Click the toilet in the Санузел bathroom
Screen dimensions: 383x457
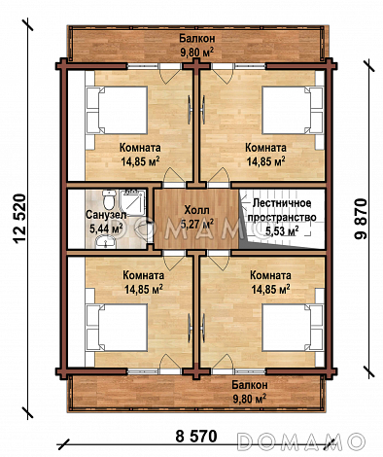[109, 199]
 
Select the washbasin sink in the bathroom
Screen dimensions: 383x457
[105, 241]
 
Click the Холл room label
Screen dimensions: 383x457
[196, 210]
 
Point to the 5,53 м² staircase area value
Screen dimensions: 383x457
[282, 230]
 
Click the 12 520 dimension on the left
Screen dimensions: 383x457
[19, 218]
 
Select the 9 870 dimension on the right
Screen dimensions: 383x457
[361, 219]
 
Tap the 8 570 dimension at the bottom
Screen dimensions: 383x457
[196, 436]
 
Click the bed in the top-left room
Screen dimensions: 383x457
[117, 110]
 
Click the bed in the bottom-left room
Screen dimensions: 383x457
[117, 327]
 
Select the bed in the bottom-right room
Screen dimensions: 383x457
[293, 327]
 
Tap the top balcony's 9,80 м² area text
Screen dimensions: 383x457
[196, 52]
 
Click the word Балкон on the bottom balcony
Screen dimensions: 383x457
[250, 385]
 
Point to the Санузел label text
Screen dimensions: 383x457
[106, 215]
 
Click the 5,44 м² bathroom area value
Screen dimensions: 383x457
[106, 228]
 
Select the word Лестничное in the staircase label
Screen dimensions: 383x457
[282, 203]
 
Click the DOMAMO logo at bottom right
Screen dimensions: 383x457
[299, 440]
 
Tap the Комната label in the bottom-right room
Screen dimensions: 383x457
[270, 275]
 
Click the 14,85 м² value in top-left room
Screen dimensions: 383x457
[140, 161]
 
